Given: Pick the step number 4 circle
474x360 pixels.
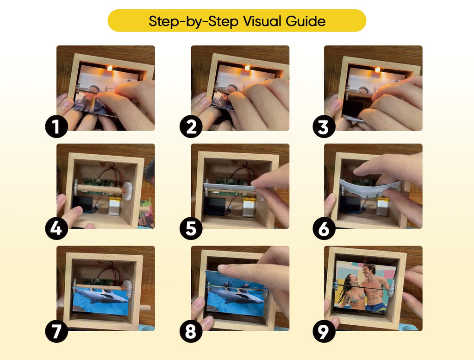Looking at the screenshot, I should (56, 229).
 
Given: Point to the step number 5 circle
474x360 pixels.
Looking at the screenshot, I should (191, 229).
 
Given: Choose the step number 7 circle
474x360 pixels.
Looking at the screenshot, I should (56, 331).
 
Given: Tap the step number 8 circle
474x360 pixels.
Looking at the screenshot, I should (191, 331).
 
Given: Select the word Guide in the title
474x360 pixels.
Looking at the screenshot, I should (308, 21).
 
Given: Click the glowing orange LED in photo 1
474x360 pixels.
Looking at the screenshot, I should (110, 68).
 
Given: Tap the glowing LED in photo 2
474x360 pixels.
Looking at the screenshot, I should (247, 68).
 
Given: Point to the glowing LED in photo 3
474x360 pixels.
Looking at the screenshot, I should (378, 70).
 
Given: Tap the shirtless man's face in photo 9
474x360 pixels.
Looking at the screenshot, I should (368, 271).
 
